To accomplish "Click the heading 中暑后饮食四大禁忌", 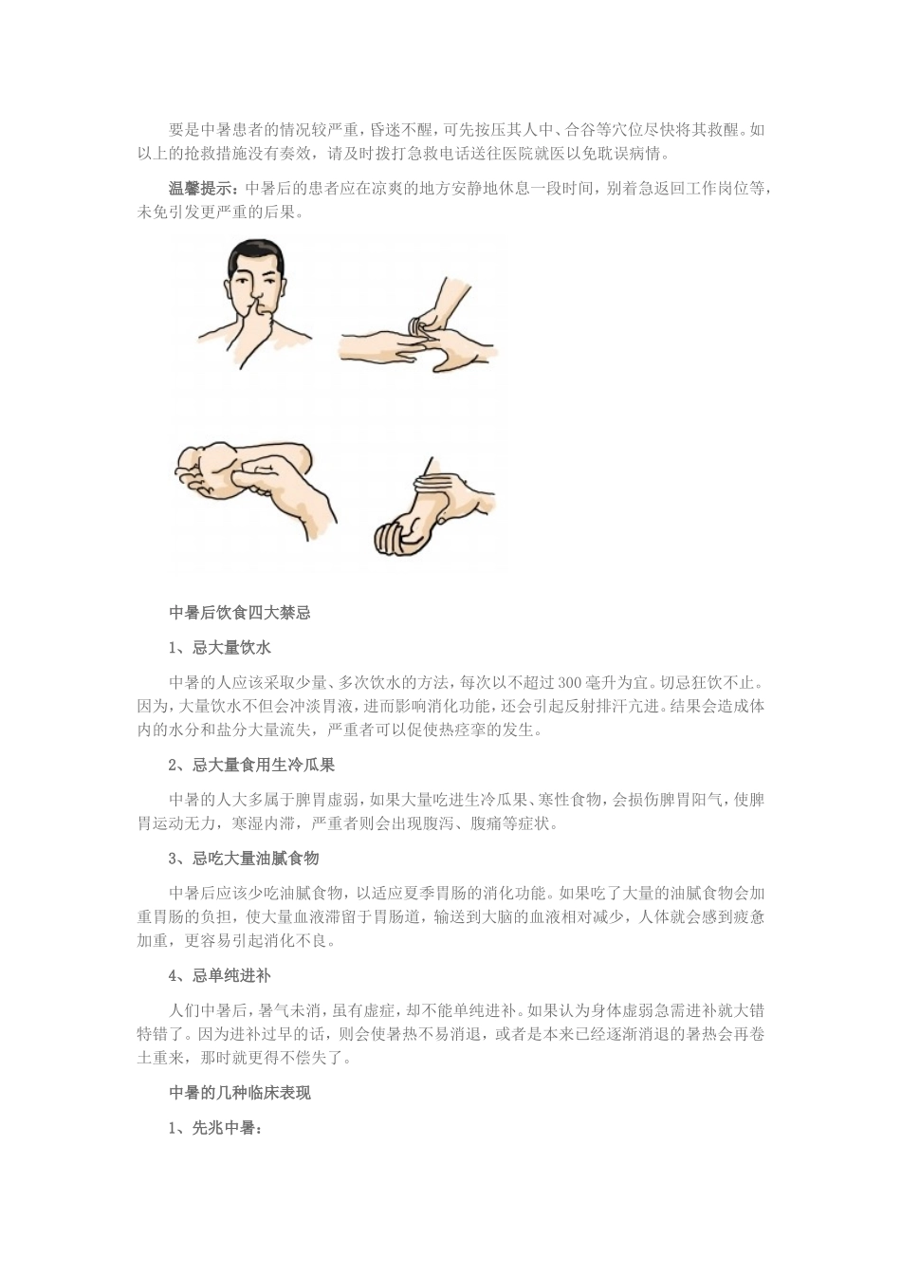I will click(239, 613).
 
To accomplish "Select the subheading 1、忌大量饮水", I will click(220, 648).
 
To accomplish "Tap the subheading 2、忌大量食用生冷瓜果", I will click(251, 765).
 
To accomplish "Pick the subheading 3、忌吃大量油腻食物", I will click(244, 859).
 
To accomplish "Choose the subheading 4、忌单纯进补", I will click(220, 975).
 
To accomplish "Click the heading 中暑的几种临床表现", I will click(239, 1093).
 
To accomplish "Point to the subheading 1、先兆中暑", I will click(214, 1128).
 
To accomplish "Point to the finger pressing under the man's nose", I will click(257, 308).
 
